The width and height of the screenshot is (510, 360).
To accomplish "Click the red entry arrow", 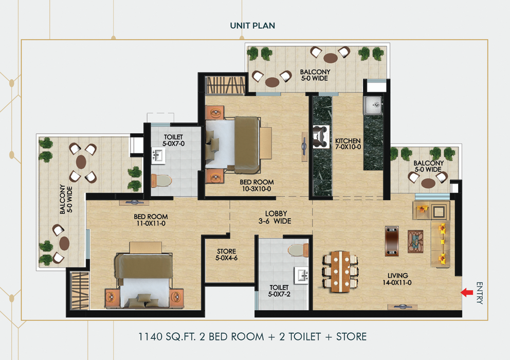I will pyautogui.click(x=466, y=293).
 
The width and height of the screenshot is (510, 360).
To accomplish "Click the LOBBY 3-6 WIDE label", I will pyautogui.click(x=276, y=217).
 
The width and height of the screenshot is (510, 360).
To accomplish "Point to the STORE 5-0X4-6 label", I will pyautogui.click(x=227, y=255).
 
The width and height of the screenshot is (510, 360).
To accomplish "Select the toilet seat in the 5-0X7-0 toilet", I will pyautogui.click(x=162, y=180).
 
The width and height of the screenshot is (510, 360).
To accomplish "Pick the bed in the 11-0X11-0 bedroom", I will pyautogui.click(x=144, y=280).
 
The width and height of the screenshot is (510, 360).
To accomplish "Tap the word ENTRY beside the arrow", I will pyautogui.click(x=479, y=293).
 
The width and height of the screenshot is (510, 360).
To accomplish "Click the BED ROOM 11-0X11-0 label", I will pyautogui.click(x=151, y=220).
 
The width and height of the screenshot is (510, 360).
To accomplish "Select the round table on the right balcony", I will pyautogui.click(x=428, y=182).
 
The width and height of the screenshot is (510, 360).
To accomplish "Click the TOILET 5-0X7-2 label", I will pyautogui.click(x=281, y=291).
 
